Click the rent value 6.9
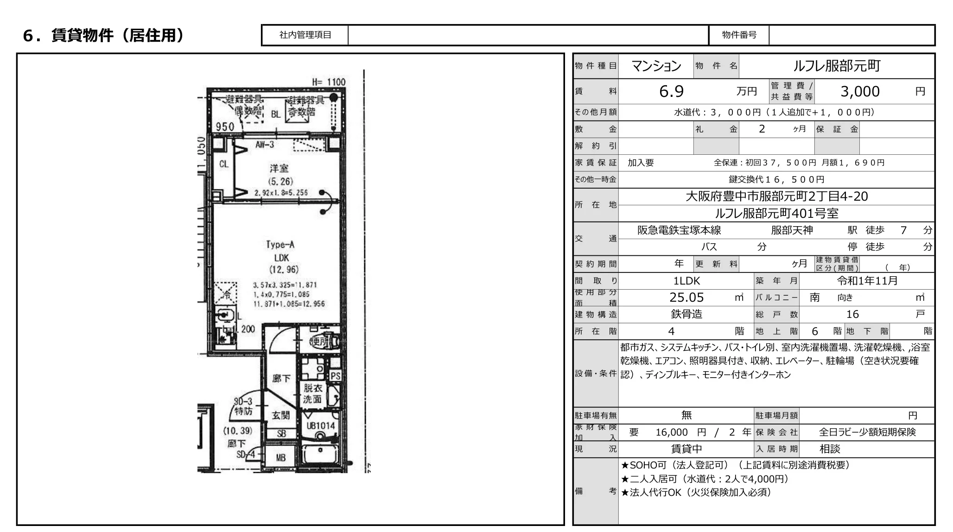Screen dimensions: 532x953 671,91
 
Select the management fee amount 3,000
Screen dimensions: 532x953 860,91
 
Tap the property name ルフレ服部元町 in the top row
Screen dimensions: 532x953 836,66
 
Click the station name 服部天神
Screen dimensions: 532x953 792,230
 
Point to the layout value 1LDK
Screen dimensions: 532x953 686,281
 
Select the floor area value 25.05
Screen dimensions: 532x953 686,298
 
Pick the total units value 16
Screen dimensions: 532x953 852,314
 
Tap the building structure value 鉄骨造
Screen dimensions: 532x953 686,314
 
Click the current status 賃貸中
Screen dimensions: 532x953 686,449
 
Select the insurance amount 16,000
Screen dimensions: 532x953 671,432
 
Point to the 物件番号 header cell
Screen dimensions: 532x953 739,35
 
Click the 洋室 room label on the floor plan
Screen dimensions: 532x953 279,168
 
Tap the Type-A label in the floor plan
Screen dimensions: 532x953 280,244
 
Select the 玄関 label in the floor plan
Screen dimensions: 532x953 280,415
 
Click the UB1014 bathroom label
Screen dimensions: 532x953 320,425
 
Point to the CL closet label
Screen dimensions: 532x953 223,164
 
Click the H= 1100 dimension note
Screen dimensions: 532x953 329,82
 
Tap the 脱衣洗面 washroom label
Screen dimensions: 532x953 312,393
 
